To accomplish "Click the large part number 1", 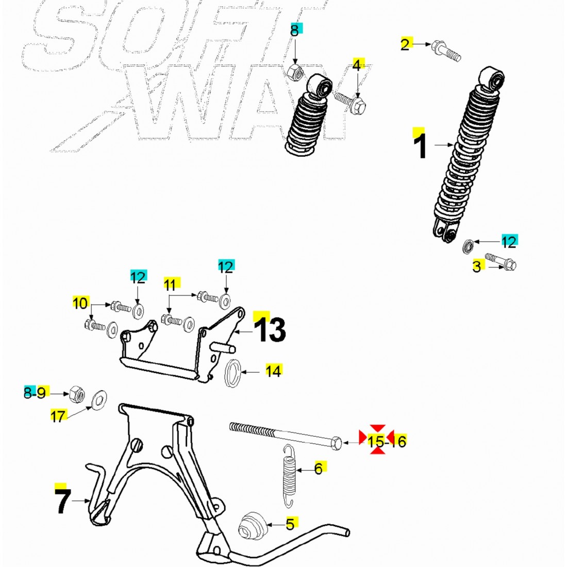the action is (x=421, y=146).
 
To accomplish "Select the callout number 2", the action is (x=405, y=44).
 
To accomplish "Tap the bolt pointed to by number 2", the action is (x=446, y=52).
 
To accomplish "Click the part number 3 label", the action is (x=477, y=266).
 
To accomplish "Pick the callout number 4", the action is (x=357, y=65).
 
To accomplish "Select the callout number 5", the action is (x=290, y=524).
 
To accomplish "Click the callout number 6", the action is (x=318, y=469).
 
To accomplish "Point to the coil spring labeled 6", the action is (x=289, y=476).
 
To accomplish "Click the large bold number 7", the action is (x=62, y=501).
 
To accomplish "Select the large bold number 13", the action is (x=270, y=329).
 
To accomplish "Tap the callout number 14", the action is (x=273, y=371).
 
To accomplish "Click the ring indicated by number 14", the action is (x=233, y=373).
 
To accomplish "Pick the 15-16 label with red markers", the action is (x=387, y=441).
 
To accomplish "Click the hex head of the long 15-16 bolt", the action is (x=336, y=443).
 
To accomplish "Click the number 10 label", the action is (x=80, y=303).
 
